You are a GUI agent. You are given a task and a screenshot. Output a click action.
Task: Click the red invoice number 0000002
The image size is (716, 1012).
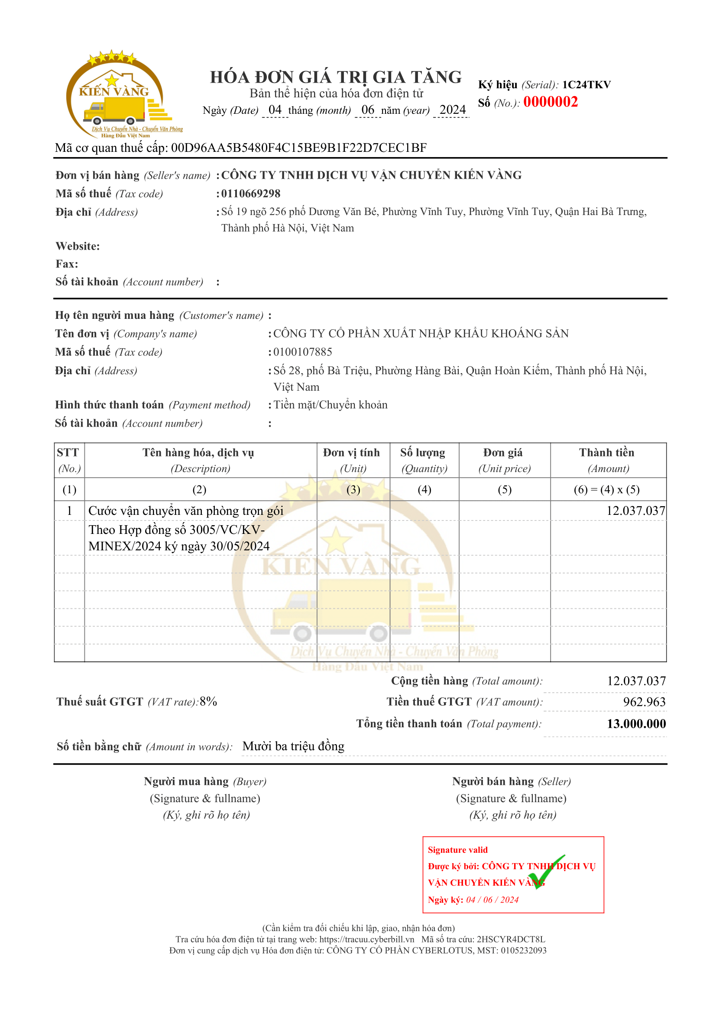coord(550,102)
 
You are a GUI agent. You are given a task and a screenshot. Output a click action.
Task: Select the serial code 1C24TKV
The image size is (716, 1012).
coord(586,85)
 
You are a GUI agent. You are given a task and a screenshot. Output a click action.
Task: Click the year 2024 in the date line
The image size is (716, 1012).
coord(452,110)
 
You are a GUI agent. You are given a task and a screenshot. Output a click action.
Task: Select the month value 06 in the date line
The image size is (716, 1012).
coord(367,110)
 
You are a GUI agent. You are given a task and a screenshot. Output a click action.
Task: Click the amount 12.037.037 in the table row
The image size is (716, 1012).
coord(635,511)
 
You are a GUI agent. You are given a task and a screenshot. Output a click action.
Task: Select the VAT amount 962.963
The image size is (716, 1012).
coord(644,702)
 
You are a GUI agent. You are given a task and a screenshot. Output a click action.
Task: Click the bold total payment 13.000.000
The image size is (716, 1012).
coord(636,724)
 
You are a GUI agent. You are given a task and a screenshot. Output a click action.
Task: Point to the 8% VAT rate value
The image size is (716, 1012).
coord(208,701)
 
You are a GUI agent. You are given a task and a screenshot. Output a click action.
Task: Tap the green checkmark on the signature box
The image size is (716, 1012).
coord(545,872)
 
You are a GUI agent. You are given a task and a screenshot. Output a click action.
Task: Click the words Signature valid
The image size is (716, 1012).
coord(457,850)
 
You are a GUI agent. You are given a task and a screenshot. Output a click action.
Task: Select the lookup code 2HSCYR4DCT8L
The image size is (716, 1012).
coord(510,939)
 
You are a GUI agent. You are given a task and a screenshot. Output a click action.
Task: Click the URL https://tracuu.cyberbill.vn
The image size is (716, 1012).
coord(366,939)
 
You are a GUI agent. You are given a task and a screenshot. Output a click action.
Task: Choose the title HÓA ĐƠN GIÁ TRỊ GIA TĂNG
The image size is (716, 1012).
coord(336,77)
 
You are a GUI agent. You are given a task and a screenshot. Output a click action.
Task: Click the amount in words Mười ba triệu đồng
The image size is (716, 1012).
coord(293,746)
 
